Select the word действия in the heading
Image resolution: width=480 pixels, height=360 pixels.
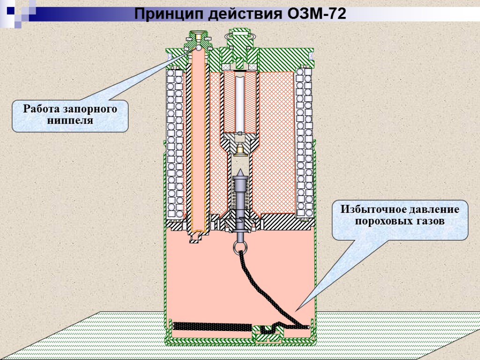point(240,14)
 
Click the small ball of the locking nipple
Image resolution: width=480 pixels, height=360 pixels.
point(199,47)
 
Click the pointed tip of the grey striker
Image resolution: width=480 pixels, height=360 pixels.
point(240,172)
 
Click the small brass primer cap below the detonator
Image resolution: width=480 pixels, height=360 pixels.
point(240,149)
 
